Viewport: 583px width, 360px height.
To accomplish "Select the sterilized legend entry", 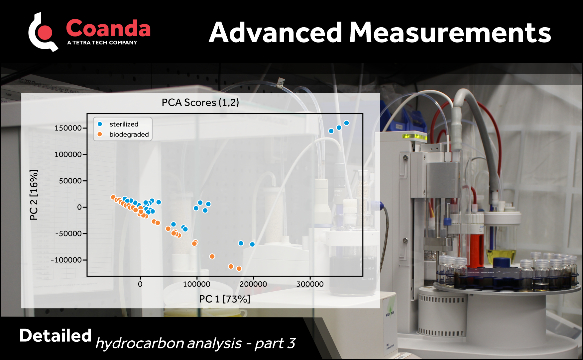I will click(x=123, y=124).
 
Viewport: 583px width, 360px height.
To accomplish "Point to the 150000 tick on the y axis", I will click(x=68, y=128).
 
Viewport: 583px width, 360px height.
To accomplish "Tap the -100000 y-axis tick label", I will click(x=66, y=260).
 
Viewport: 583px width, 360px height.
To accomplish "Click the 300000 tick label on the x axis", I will click(x=310, y=284).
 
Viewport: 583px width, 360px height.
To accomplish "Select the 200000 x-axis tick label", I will click(x=253, y=284).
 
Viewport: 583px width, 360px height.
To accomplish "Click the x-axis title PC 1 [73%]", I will click(x=224, y=299).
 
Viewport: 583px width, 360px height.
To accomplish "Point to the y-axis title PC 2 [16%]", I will click(x=34, y=195).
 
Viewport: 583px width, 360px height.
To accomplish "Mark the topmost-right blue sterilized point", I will click(x=346, y=123).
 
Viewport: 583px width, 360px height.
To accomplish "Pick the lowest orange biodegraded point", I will click(x=239, y=269).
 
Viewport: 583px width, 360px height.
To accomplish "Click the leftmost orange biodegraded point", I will click(x=113, y=197).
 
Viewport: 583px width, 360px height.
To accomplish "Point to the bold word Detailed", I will click(x=55, y=335).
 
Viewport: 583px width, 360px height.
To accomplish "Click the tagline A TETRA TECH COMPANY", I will click(x=102, y=43).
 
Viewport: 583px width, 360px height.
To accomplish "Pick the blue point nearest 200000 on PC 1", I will click(x=252, y=244).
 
